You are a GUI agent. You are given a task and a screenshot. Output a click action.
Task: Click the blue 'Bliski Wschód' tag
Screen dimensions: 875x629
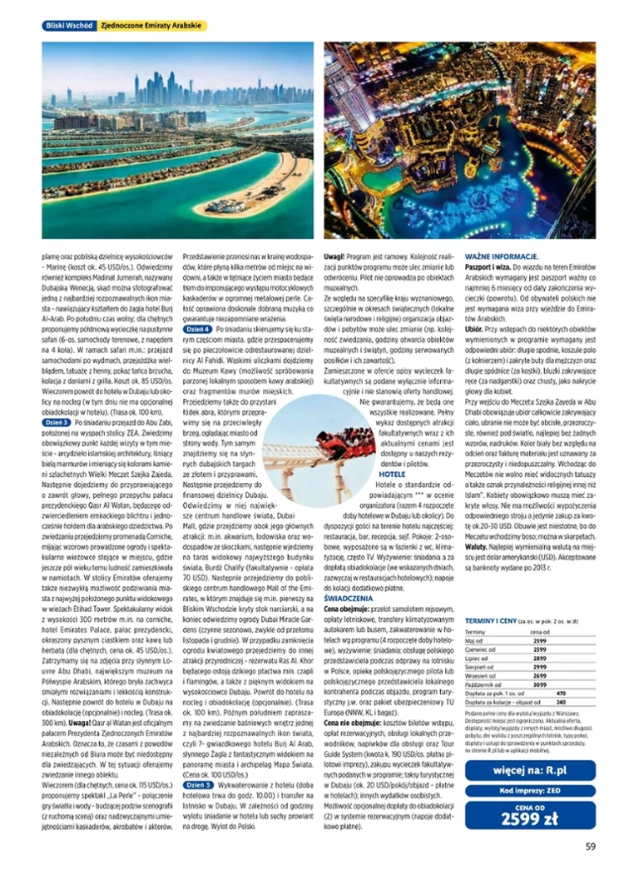(x=68, y=26)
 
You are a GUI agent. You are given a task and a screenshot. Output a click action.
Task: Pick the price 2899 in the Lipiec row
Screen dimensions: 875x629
(x=539, y=659)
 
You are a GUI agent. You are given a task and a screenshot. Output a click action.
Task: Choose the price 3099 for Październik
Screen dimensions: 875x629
(x=539, y=684)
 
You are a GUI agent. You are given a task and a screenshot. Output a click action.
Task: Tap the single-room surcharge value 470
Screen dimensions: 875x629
(x=560, y=693)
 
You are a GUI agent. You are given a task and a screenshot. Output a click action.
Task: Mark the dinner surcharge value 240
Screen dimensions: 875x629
(x=560, y=702)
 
